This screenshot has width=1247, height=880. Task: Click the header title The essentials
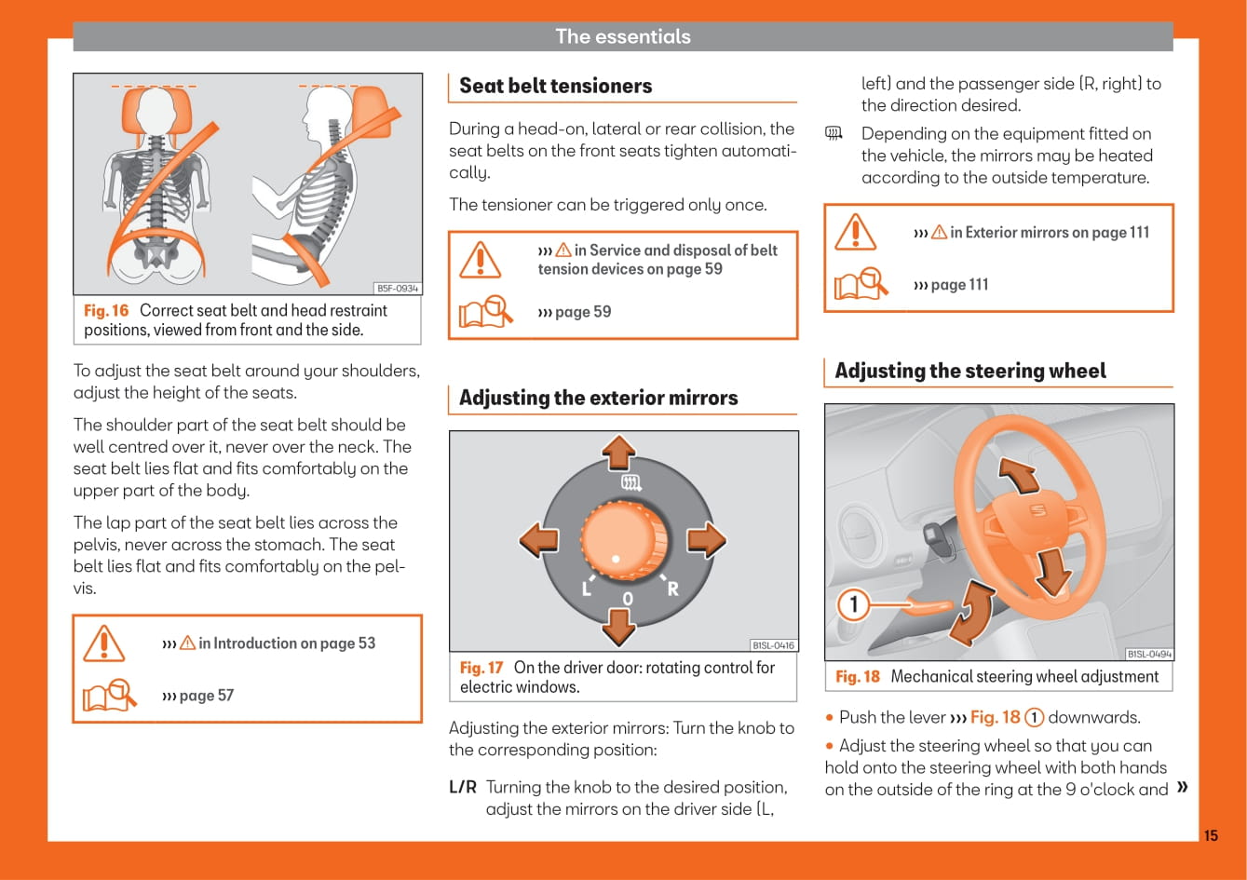pos(623,36)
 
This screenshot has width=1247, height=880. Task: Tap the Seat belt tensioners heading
pos(556,86)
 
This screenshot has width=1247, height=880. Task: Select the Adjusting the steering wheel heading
pos(970,371)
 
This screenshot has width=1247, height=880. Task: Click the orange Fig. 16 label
pos(106,310)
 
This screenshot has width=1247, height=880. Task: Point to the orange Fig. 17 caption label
pos(481,668)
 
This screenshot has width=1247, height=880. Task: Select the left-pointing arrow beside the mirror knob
pos(538,540)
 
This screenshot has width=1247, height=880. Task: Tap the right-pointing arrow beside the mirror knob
pos(707,540)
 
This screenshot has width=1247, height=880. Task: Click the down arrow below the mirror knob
pos(618,628)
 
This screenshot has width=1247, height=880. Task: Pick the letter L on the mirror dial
pos(586,589)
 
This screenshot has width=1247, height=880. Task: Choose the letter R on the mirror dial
pos(672,589)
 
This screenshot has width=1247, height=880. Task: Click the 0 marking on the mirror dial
pos(628,599)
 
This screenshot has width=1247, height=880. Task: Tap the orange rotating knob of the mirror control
pos(624,541)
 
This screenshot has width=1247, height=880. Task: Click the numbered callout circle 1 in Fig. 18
pos(853,604)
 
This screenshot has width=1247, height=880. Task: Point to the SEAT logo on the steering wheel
pos(1038,510)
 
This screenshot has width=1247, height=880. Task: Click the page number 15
pos(1211,835)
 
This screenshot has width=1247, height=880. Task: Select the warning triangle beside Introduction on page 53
pos(104,643)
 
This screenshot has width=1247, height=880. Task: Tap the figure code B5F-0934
pos(398,289)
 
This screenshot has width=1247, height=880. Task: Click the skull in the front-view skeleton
pos(156,110)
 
